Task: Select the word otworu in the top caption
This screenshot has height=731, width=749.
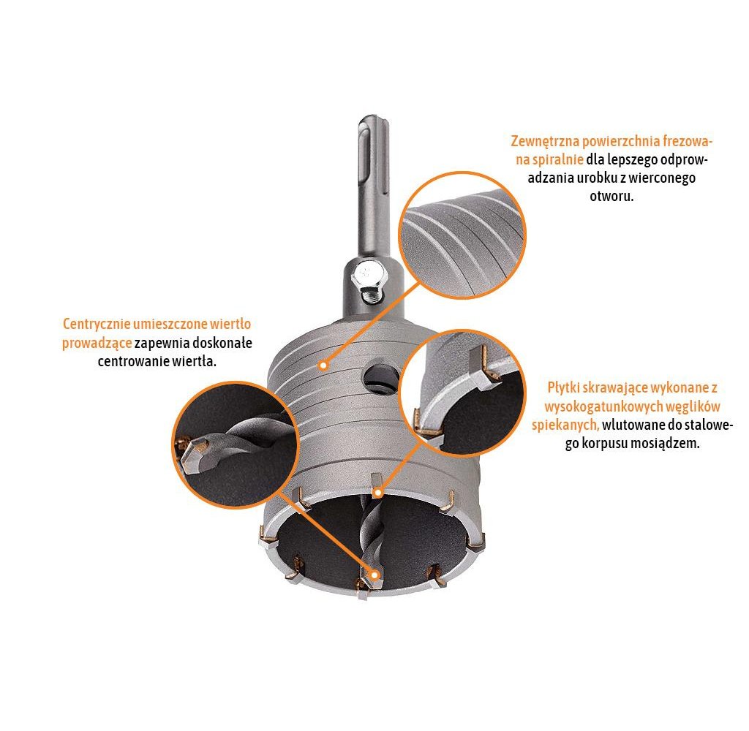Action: point(612,197)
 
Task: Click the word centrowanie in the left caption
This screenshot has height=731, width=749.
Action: point(130,362)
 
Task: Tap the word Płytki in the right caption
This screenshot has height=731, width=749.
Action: point(564,387)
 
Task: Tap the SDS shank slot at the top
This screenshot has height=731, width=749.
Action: point(364,168)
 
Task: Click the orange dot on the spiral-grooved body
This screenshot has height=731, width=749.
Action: point(323,362)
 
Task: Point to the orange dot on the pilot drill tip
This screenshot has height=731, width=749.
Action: point(375,575)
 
